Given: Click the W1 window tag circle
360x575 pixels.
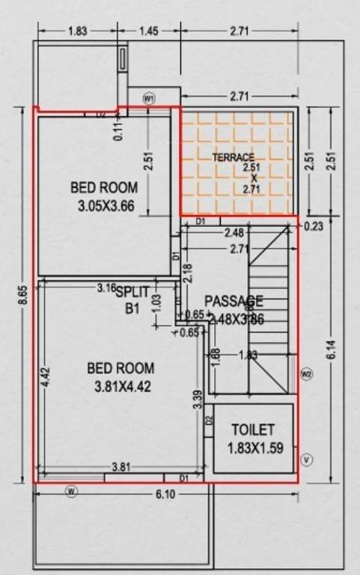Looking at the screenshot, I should coord(149,98).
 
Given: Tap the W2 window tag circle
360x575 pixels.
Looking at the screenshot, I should coord(305,374).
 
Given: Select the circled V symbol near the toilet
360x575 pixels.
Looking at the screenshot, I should coord(305,459).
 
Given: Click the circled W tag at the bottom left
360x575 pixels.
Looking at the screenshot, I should coord(71,492).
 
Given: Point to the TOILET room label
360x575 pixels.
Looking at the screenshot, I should coord(252,431).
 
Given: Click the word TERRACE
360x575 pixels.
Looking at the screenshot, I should coord(233,158).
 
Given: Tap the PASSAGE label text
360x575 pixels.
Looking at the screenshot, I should coord(234,301).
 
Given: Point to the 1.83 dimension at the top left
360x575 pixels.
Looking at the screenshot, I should coord(78,31).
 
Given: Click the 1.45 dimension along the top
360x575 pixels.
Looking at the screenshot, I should coord(148,31).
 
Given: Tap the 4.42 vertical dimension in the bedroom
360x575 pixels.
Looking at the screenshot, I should coord(46,375).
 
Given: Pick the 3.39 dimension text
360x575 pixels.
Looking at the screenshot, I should coord(196,401).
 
